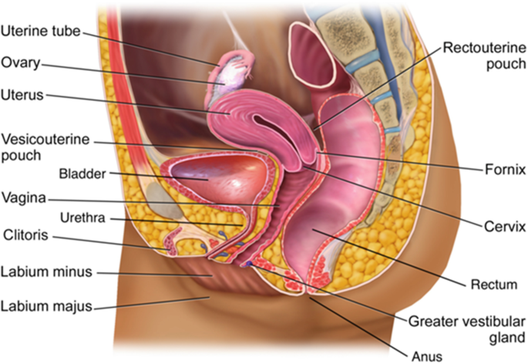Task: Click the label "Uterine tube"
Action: point(39,32)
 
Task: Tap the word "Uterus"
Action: point(23,96)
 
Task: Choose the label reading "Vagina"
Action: point(23,197)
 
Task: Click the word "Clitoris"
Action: point(26,234)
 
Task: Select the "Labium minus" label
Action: point(46,271)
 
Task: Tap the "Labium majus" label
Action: point(47,306)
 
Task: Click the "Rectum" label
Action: point(493,285)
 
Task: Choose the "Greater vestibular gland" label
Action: point(466,329)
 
